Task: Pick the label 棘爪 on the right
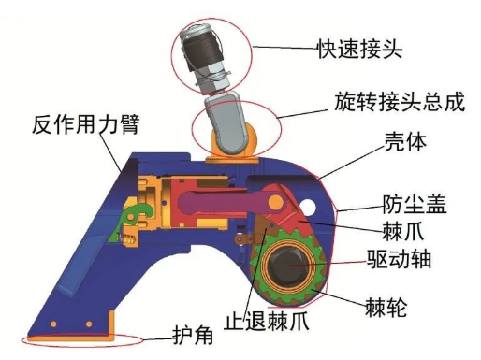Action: coord(401,229)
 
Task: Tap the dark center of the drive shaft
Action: coord(293,270)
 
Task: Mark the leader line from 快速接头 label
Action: coord(282,48)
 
